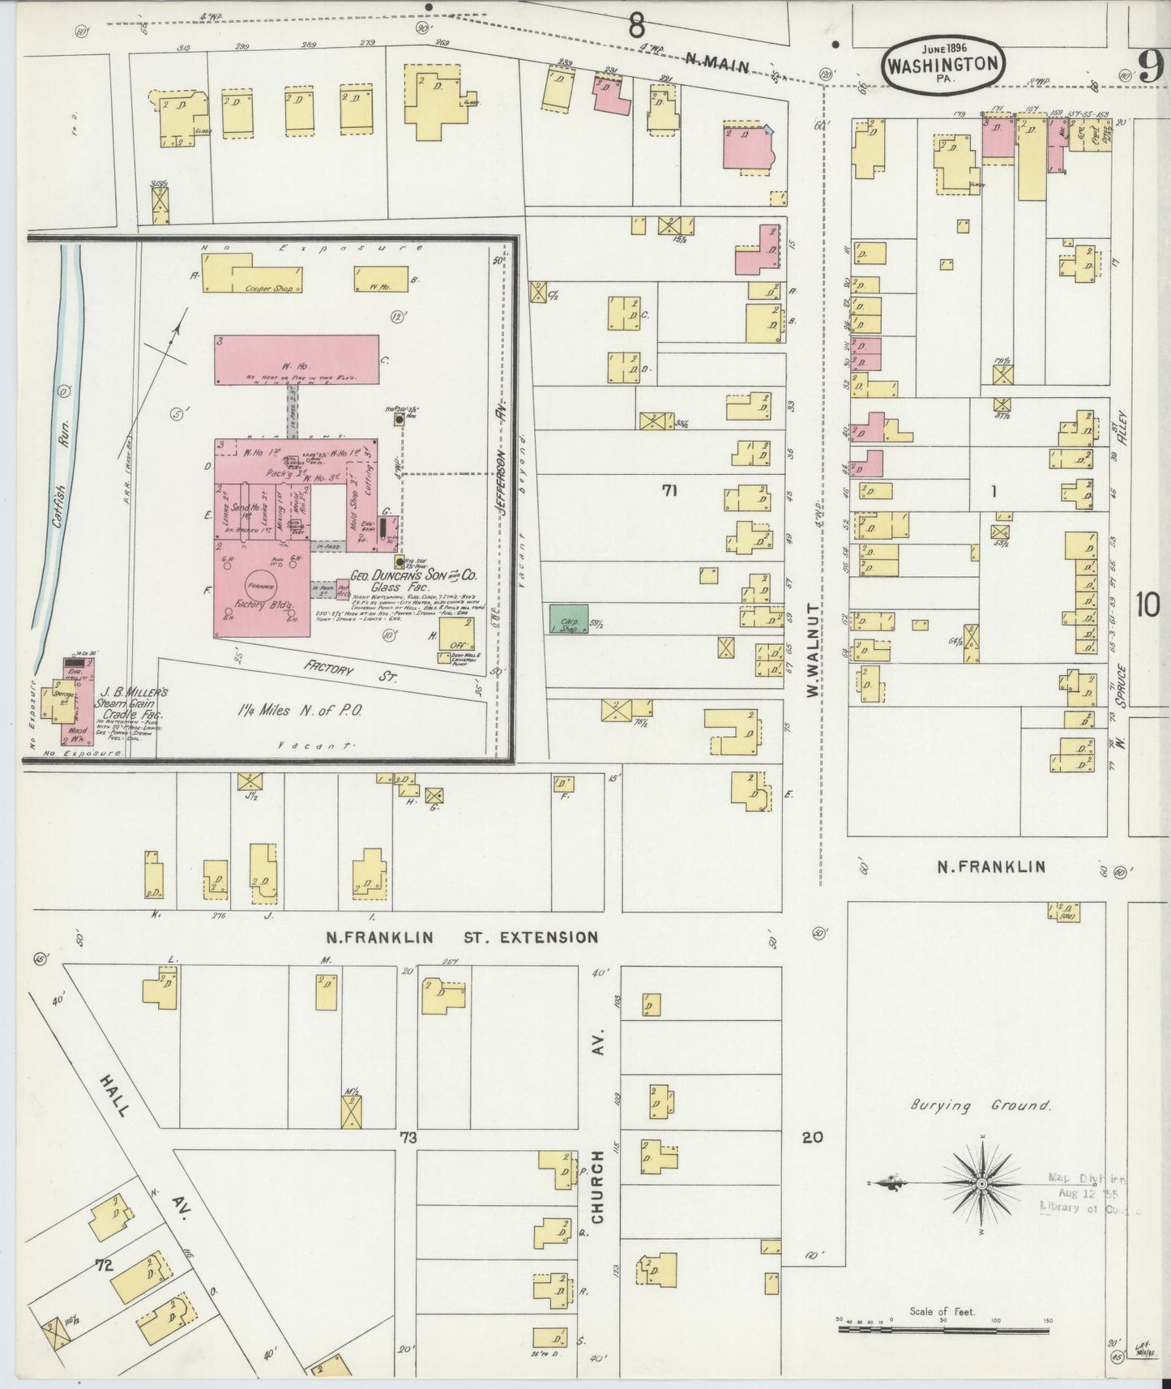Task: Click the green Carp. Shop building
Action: pyautogui.click(x=570, y=618)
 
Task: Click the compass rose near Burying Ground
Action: pyautogui.click(x=981, y=1184)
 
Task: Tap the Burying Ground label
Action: pyautogui.click(x=980, y=1105)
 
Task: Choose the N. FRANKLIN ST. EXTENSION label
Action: pyautogui.click(x=462, y=938)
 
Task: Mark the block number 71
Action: pyautogui.click(x=669, y=489)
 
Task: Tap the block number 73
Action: pyautogui.click(x=407, y=1138)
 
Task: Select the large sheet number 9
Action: pyautogui.click(x=1151, y=65)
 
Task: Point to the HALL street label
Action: pyautogui.click(x=115, y=1096)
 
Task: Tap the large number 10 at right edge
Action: pyautogui.click(x=1147, y=605)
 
